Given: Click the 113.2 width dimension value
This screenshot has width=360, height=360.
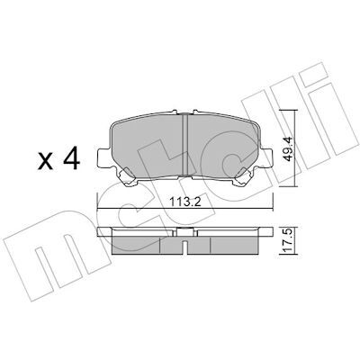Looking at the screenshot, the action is coord(185,202).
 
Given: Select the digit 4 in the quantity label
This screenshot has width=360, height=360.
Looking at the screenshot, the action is coord(71,158).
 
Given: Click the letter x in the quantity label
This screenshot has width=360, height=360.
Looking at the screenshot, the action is coord(46,162).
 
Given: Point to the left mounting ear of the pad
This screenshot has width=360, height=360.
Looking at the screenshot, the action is coord(103,157).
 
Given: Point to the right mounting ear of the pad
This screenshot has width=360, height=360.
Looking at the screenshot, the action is coord(266,157).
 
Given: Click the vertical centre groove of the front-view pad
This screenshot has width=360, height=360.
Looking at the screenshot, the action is coord(184,144).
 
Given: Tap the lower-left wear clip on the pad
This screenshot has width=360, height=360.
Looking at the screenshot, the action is coord(128,176).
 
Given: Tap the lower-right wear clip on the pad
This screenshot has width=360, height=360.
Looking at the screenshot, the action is coord(243,176).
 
